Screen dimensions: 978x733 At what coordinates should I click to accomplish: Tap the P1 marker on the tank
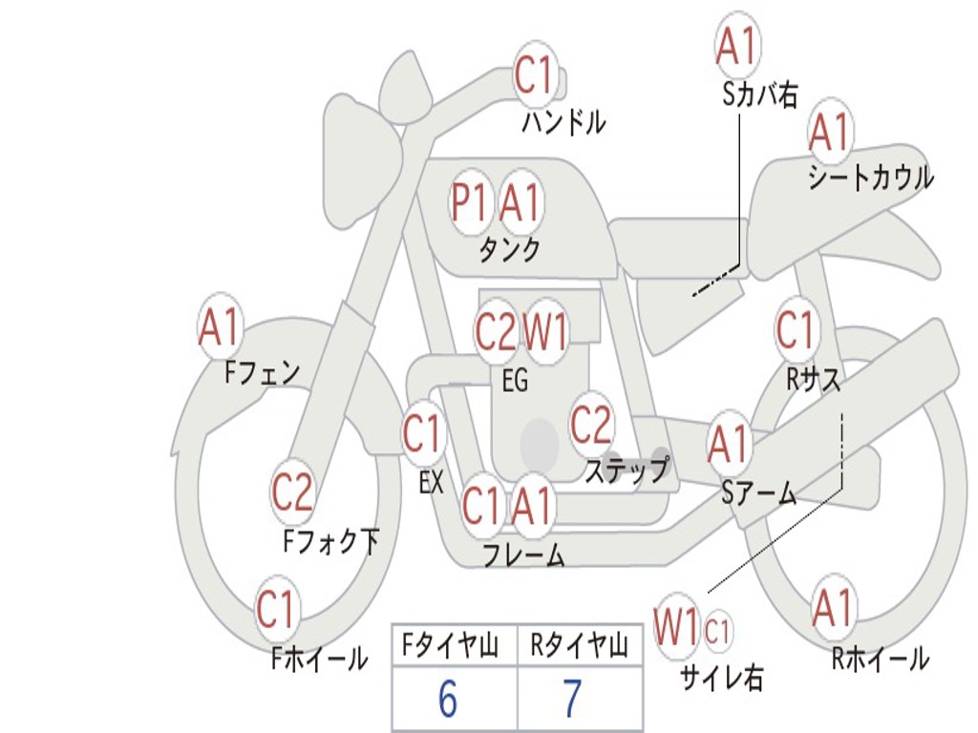click(469, 202)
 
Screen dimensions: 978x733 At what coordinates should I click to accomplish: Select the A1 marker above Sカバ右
click(737, 46)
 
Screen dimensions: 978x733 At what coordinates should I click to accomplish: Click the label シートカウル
click(871, 178)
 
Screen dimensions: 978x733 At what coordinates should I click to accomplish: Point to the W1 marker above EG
click(545, 331)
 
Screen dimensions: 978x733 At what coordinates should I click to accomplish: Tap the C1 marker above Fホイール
click(275, 609)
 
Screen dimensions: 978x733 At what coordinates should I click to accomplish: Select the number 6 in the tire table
click(448, 699)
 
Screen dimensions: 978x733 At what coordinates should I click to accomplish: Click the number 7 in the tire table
click(573, 699)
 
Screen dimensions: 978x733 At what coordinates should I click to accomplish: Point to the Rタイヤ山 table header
click(579, 646)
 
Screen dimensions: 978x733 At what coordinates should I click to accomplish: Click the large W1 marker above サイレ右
click(676, 626)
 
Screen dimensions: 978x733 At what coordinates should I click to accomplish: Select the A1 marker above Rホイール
click(832, 607)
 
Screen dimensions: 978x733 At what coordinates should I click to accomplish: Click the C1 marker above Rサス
click(796, 329)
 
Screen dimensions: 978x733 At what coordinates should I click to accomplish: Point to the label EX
click(431, 482)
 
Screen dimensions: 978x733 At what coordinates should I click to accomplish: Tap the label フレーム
click(524, 555)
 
